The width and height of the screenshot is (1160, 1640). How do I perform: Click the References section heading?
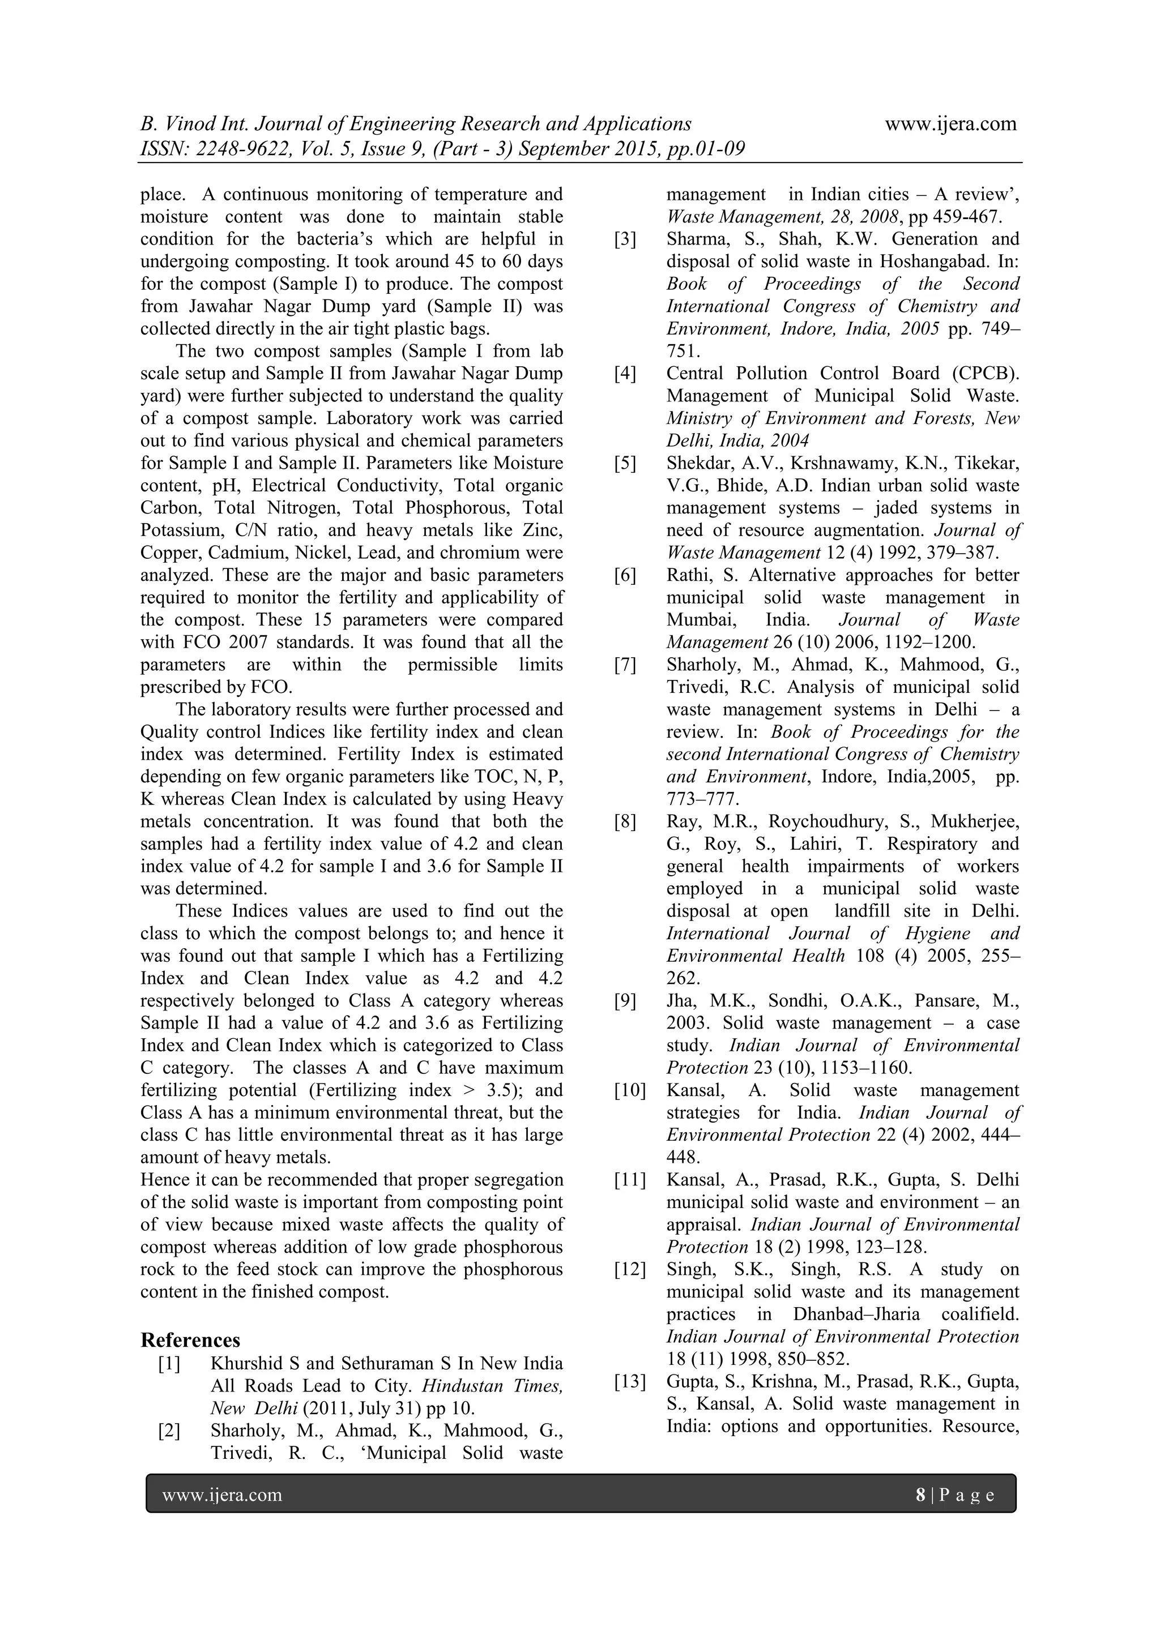(x=190, y=1340)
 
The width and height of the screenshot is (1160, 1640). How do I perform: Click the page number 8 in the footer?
(x=920, y=1495)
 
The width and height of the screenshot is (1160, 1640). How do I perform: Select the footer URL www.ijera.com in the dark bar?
(x=222, y=1495)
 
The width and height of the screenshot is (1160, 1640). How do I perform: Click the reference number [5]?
(x=625, y=464)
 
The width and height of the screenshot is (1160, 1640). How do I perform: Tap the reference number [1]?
(x=169, y=1364)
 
